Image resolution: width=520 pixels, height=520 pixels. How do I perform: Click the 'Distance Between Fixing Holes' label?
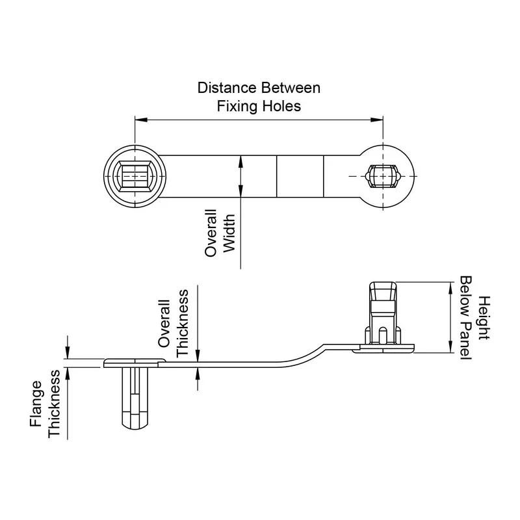click(x=259, y=96)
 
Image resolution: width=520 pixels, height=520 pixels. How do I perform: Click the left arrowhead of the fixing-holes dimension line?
click(x=139, y=119)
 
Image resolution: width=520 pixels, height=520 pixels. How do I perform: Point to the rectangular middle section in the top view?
click(x=300, y=175)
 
